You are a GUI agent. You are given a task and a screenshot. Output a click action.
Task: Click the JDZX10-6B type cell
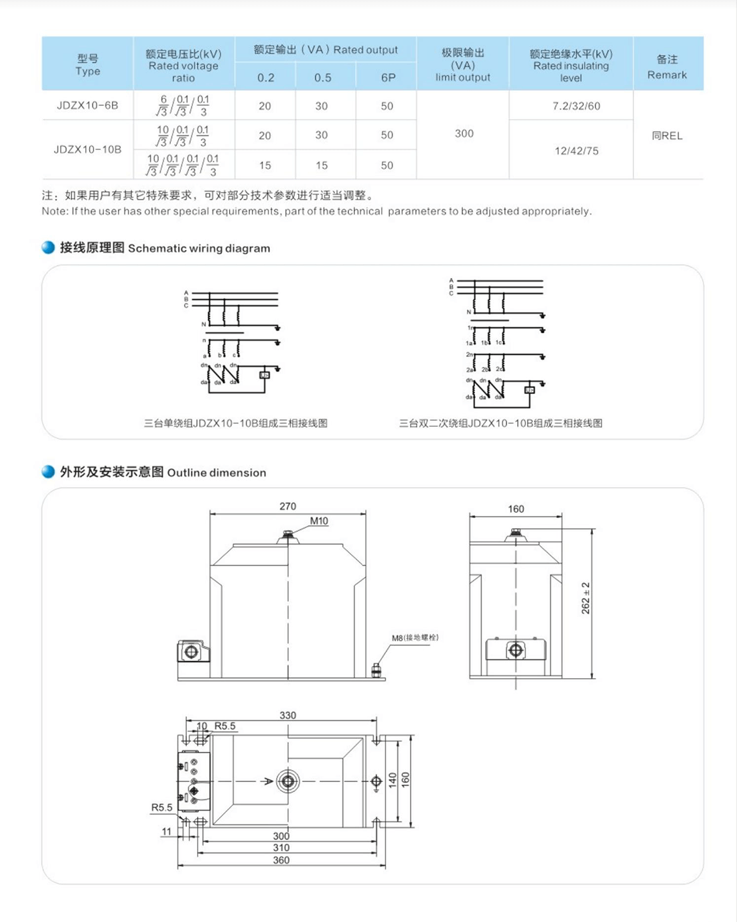[87, 106]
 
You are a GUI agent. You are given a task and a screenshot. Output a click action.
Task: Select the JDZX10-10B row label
[87, 149]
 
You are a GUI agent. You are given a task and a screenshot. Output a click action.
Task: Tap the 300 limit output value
[464, 133]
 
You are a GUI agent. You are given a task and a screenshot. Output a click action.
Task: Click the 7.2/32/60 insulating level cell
[576, 106]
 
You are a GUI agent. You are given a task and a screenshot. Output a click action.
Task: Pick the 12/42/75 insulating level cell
[576, 151]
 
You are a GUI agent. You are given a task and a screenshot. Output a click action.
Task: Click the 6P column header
[388, 78]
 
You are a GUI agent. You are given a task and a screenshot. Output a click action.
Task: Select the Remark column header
[667, 67]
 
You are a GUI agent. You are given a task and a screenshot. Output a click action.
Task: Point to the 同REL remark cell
[667, 135]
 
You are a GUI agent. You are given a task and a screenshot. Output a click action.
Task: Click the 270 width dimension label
[287, 507]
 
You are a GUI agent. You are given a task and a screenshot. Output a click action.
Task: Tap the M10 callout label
[319, 521]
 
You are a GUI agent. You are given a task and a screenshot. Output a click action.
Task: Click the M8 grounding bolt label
[415, 637]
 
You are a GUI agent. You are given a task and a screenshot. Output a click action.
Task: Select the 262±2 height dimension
[586, 598]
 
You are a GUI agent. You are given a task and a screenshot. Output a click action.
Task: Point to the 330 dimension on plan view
[287, 715]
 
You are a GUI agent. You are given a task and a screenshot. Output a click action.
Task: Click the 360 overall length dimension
[281, 860]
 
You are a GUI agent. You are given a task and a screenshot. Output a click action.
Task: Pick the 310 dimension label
[281, 848]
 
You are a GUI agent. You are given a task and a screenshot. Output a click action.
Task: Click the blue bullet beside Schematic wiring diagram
[48, 247]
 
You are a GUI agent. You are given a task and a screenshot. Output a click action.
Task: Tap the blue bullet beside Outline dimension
[48, 472]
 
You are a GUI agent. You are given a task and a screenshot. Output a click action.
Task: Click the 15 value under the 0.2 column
[265, 166]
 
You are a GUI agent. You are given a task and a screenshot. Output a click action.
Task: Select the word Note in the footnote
[54, 211]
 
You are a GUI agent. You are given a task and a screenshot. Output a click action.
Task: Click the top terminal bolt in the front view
[288, 534]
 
